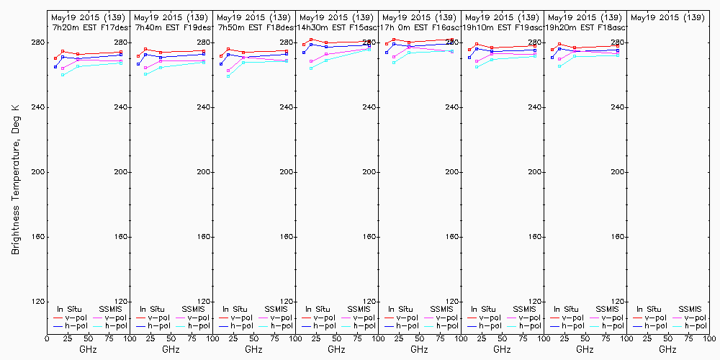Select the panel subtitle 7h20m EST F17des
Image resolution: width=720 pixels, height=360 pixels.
[x=88, y=27]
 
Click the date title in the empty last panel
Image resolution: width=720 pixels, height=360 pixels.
[x=667, y=17]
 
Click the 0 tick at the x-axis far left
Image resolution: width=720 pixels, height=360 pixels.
[x=47, y=338]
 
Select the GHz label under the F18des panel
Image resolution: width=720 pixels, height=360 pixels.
[x=253, y=349]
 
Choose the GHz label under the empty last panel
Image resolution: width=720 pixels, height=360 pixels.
[x=667, y=349]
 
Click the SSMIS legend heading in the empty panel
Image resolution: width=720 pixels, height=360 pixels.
[x=690, y=309]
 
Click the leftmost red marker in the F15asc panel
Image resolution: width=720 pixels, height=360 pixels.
[x=304, y=45]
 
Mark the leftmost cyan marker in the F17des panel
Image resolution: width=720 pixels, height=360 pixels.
[x=63, y=75]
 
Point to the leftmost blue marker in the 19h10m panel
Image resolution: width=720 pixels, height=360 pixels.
[x=469, y=58]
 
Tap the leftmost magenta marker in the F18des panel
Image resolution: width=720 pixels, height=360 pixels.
[x=228, y=71]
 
